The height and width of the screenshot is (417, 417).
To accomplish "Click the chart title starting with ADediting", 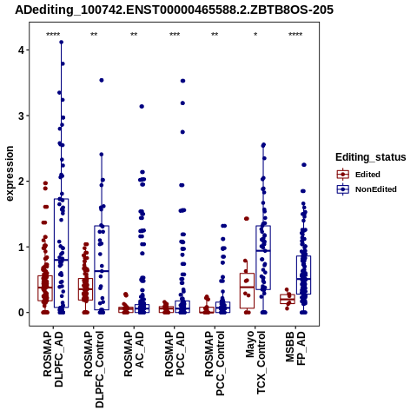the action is tap(174, 10).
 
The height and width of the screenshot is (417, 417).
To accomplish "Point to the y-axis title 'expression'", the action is tap(10, 174).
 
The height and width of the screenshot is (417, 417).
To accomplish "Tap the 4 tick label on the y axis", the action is tap(21, 50).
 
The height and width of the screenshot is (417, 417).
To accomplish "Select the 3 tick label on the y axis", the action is tap(21, 116).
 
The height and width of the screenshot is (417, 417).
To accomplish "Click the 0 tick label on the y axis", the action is tap(21, 313).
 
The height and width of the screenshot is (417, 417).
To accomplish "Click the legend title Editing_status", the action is tap(370, 157).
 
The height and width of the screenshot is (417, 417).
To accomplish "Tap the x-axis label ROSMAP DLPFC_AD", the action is tap(53, 359).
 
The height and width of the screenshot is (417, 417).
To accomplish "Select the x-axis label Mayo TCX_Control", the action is tap(255, 362).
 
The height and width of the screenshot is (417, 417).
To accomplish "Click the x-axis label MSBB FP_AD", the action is tap(295, 348).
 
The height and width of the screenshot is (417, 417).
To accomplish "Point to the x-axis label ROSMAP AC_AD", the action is tap(134, 354).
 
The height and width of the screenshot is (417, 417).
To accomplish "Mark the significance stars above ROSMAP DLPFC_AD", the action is tap(53, 35).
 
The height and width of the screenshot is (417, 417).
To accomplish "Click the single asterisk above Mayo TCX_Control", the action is tap(255, 35).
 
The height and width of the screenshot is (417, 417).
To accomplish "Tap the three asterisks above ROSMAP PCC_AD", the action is tap(175, 35).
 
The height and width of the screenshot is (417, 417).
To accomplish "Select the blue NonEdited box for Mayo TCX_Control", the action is tap(263, 226).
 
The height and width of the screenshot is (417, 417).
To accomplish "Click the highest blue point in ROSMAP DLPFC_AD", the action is tap(62, 43).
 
